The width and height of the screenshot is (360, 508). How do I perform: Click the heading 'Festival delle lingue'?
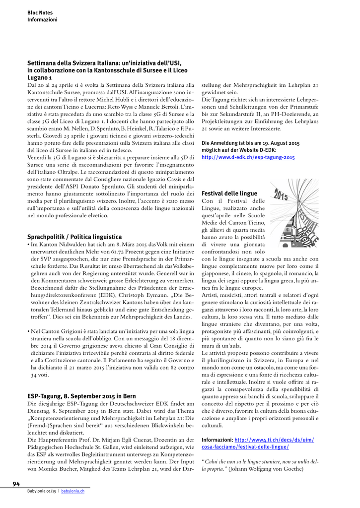(x=229, y=193)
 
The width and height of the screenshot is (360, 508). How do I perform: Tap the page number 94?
(x=16, y=484)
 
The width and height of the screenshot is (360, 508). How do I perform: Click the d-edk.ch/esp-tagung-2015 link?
(x=248, y=157)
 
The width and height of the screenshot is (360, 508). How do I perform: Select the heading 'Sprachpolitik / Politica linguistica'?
(x=74, y=237)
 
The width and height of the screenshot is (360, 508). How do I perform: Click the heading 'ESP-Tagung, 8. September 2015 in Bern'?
(x=81, y=396)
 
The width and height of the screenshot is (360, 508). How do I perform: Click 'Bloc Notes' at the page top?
(x=40, y=12)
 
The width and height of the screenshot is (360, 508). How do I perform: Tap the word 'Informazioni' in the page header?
(x=42, y=20)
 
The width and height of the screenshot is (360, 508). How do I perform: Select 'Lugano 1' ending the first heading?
(x=40, y=78)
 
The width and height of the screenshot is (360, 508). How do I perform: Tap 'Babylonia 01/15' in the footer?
(x=42, y=491)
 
